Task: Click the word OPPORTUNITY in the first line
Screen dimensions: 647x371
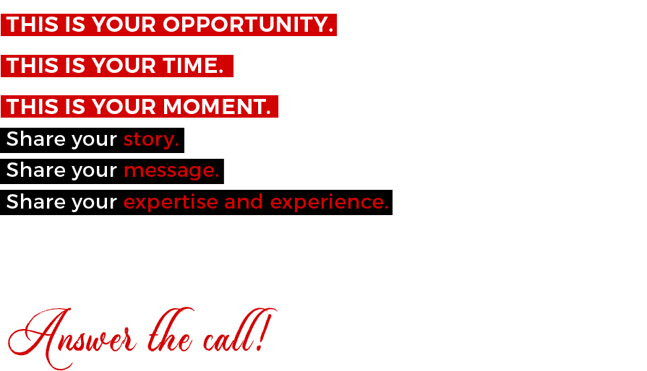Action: coord(247,25)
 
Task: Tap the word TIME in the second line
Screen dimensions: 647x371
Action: coord(193,66)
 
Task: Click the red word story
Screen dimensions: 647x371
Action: coord(151,139)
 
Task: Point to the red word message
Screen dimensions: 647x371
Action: coord(171,171)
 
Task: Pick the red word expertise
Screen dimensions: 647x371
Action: coord(171,202)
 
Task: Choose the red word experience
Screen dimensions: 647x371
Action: coord(329,202)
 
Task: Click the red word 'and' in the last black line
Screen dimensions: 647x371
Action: coord(244,202)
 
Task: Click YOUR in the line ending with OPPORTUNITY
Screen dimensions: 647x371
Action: coord(124,25)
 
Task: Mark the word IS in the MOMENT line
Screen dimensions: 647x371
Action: coord(75,107)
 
